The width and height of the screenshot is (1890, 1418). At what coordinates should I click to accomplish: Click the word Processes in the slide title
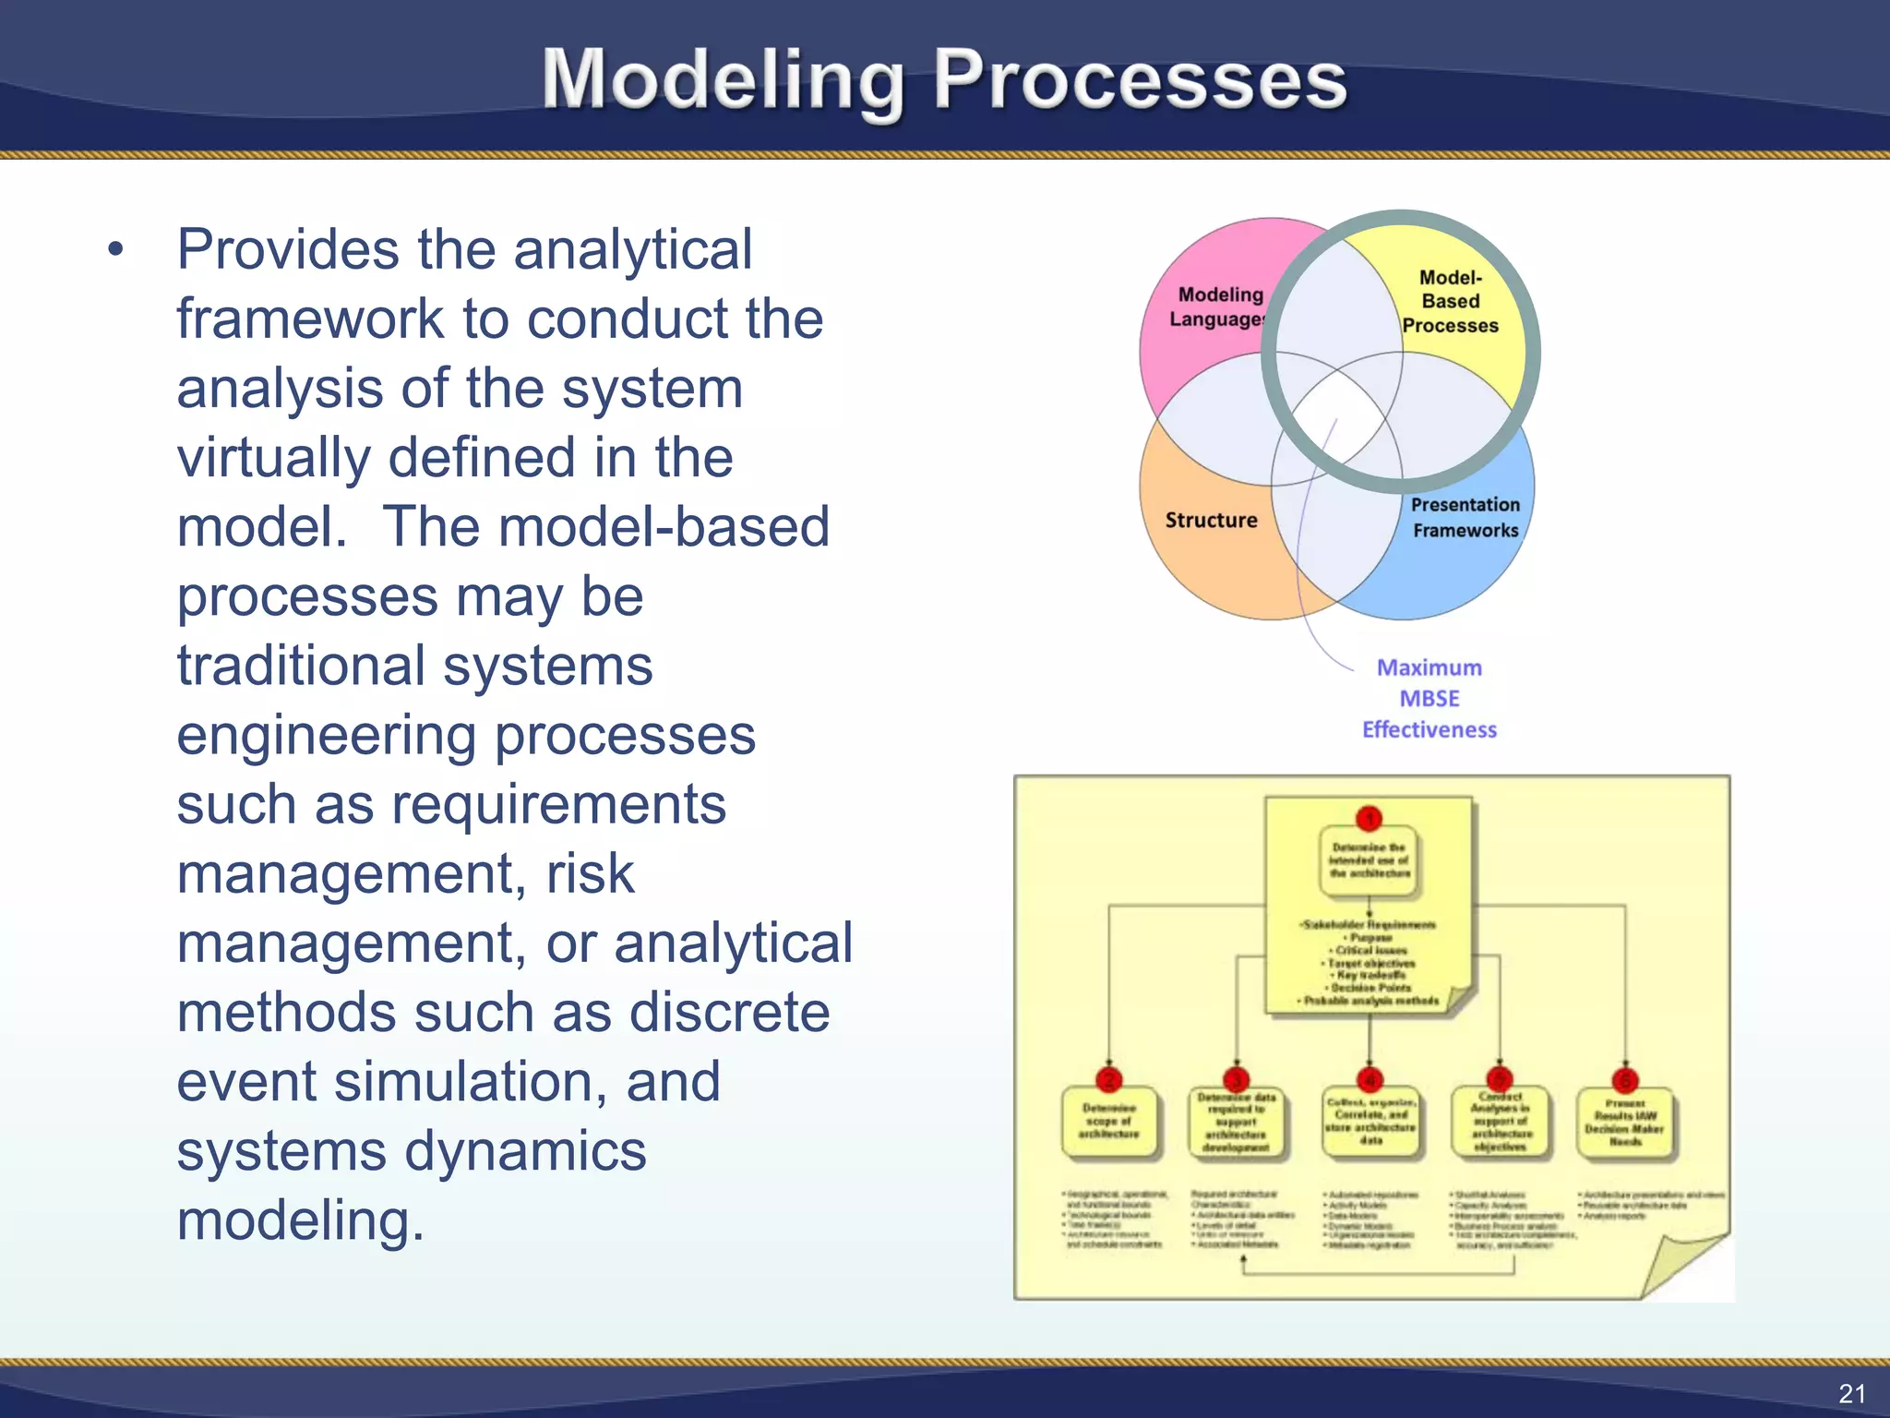[1140, 81]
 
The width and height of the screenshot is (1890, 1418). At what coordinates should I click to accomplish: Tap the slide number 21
[1851, 1393]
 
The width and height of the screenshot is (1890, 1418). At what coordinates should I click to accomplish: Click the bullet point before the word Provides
[114, 249]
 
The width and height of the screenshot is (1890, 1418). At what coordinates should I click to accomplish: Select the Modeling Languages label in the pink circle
[1218, 306]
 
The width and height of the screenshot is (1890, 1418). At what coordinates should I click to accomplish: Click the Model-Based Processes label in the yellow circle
[1451, 301]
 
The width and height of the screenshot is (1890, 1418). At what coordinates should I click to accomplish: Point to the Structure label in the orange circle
[1211, 520]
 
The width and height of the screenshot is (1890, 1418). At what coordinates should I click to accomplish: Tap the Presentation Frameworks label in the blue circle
[1465, 517]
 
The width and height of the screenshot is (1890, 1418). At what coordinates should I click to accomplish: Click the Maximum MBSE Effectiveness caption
[1429, 698]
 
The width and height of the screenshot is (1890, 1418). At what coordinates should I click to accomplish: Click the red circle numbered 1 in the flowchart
[1370, 819]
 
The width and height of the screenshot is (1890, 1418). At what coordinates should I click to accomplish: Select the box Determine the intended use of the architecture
[1370, 860]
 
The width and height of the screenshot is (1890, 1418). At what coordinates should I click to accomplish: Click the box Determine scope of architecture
[1109, 1121]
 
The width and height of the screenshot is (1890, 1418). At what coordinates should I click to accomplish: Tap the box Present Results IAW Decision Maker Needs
[1625, 1123]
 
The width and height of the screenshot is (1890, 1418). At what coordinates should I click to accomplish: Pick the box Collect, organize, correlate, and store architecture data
[1370, 1122]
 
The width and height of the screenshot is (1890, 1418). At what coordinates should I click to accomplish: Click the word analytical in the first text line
[633, 249]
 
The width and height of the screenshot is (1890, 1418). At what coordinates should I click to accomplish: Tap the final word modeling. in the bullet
[300, 1220]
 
